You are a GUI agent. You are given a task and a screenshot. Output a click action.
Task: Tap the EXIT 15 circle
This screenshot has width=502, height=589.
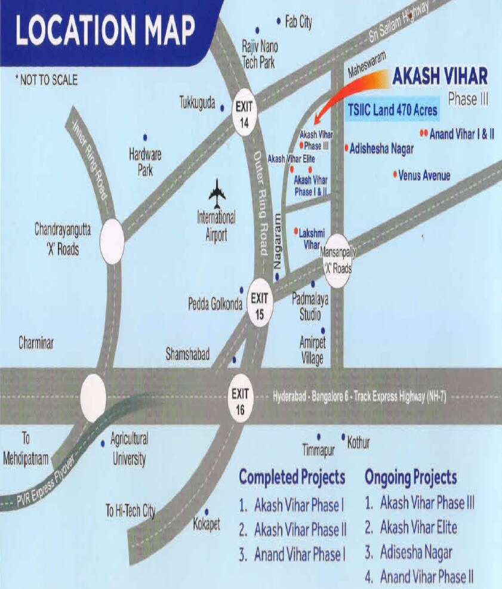[x=259, y=301]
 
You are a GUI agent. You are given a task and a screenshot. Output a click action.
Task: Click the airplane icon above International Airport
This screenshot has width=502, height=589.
[x=217, y=193]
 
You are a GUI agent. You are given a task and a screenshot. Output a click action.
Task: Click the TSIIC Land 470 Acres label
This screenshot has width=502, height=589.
[x=393, y=110]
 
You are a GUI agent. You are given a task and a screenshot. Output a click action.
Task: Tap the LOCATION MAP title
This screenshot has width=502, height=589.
[x=105, y=30]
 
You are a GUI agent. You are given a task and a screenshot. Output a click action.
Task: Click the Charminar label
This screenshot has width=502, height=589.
[x=36, y=343]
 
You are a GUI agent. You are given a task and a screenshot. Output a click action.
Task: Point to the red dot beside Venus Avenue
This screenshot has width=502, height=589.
[x=395, y=174]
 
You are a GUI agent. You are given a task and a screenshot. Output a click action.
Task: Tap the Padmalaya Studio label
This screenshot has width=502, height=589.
[x=310, y=305]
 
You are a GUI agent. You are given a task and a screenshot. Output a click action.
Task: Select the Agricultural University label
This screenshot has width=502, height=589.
[x=129, y=449]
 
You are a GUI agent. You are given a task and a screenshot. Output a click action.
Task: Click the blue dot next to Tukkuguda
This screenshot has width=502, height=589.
[x=222, y=108]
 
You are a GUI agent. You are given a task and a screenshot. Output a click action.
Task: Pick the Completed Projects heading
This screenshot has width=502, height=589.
[x=292, y=477]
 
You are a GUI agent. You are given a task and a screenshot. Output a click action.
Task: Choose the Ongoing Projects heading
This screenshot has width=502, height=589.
[x=411, y=477]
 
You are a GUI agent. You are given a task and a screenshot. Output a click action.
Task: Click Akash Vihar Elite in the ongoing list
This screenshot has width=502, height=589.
[x=418, y=528]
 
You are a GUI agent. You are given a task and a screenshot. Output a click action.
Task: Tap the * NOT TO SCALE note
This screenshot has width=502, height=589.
[x=47, y=80]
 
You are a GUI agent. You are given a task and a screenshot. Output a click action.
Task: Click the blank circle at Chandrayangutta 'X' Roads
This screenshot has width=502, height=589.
[x=112, y=242]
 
